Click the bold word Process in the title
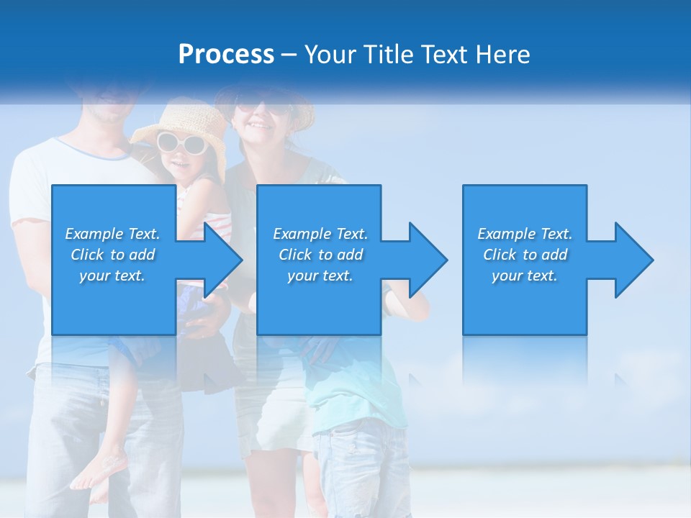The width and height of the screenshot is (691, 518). click(226, 55)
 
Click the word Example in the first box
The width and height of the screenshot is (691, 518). click(94, 234)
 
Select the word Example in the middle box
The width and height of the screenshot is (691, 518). click(302, 234)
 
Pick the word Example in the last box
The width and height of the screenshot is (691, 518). click(506, 234)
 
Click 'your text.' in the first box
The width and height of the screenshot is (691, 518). click(112, 276)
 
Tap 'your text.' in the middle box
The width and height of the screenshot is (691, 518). click(320, 276)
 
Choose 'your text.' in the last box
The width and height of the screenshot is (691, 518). click(525, 276)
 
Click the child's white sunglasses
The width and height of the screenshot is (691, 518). click(181, 142)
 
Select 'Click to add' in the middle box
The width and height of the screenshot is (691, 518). click(320, 255)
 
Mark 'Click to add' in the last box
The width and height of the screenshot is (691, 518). click(525, 255)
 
